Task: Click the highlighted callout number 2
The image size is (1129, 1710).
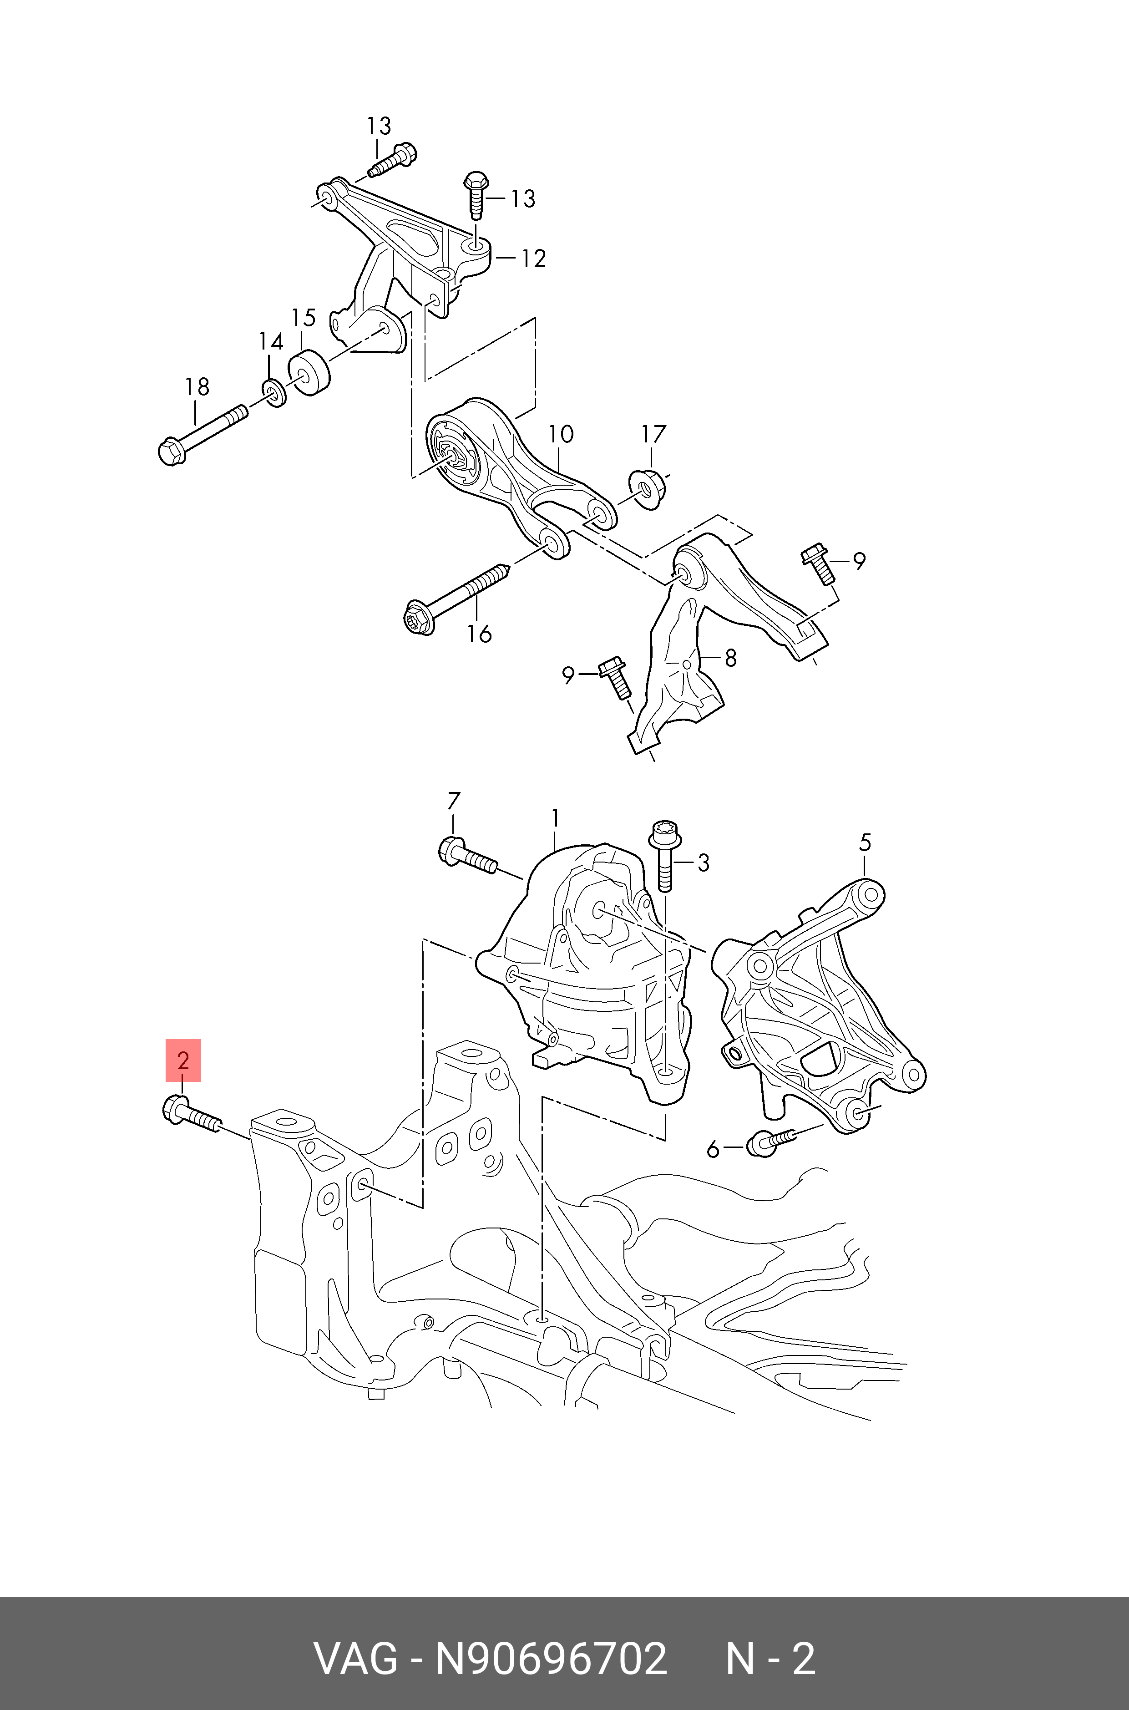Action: (183, 1060)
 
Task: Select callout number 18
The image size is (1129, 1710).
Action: (197, 386)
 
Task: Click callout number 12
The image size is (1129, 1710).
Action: (533, 258)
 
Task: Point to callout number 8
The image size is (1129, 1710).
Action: (730, 657)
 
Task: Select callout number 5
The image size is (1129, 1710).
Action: (865, 842)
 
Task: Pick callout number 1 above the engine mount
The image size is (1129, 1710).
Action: (555, 819)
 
